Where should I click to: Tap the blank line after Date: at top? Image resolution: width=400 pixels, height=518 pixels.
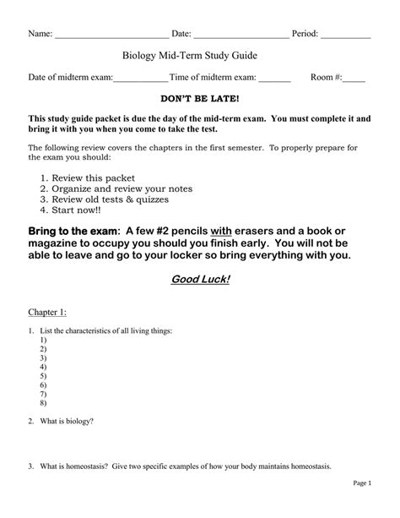click(x=241, y=35)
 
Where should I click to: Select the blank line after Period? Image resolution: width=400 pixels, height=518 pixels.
click(x=345, y=35)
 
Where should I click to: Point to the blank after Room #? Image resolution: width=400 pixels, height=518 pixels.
click(x=354, y=78)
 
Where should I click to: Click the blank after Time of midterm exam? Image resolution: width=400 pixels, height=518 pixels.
click(x=274, y=78)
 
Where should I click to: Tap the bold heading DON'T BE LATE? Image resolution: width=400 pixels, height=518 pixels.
click(x=201, y=100)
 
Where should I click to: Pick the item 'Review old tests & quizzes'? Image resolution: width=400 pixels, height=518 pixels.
click(x=111, y=199)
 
